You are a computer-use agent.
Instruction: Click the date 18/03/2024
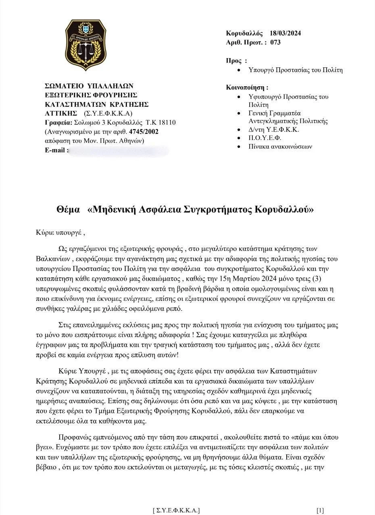(x=285, y=33)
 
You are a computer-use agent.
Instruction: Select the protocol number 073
(x=275, y=42)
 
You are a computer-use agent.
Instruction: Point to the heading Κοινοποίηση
(x=247, y=87)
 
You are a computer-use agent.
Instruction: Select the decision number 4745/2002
(x=147, y=131)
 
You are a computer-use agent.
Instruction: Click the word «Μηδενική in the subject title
(x=112, y=210)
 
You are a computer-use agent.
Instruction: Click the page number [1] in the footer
(x=320, y=511)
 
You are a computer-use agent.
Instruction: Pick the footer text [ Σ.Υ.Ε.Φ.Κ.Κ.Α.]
(x=176, y=511)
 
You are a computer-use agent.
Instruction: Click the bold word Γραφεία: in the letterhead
(x=58, y=122)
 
